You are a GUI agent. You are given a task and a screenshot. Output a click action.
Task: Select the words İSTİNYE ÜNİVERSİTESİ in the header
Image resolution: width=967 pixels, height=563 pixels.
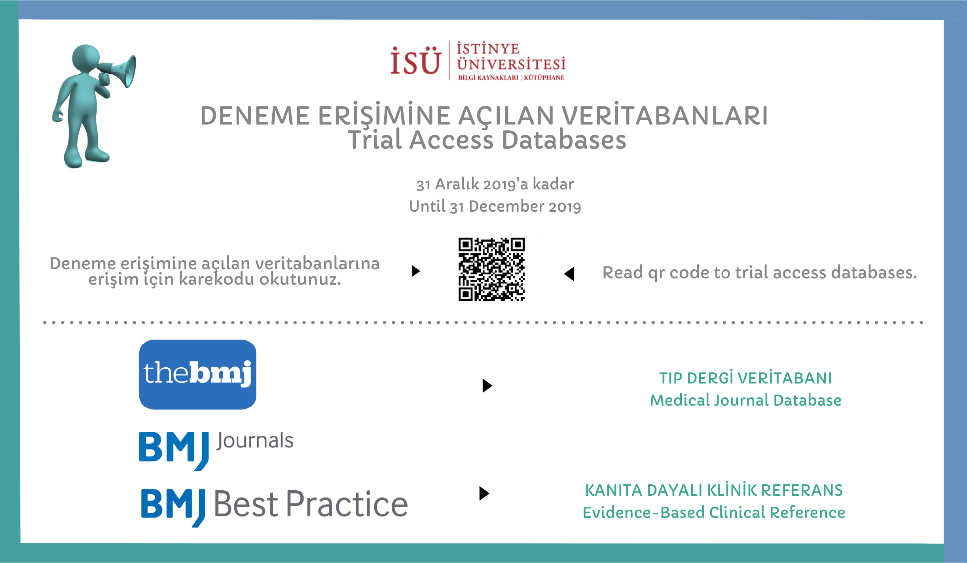tap(511, 57)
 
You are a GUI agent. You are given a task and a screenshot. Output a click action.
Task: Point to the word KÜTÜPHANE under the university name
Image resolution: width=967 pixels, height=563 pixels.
tap(544, 77)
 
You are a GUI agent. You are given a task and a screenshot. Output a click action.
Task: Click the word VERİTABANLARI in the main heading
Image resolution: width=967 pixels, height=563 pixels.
tap(665, 115)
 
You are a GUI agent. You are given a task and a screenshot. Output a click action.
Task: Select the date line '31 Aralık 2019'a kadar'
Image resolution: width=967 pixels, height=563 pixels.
tap(495, 184)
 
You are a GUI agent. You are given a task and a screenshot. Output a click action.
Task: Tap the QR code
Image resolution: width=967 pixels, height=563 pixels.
tap(491, 269)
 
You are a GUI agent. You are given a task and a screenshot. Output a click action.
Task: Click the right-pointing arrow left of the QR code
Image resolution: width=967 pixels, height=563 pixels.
tap(415, 271)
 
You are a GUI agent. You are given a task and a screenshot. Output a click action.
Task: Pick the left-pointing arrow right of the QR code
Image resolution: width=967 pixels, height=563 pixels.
tap(569, 274)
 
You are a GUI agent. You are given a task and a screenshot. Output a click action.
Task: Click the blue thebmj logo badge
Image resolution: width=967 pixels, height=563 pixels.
tap(198, 374)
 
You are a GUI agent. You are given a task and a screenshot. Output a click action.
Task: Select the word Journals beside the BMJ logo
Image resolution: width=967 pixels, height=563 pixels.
tap(255, 441)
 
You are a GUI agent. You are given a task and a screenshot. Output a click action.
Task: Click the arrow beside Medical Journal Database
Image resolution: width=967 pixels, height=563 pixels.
tap(487, 385)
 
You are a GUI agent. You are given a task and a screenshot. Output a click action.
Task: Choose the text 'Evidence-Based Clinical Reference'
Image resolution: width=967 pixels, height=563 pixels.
tap(714, 512)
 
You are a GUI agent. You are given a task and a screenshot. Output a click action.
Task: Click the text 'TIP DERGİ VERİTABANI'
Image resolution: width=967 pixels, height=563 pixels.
tap(745, 378)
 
